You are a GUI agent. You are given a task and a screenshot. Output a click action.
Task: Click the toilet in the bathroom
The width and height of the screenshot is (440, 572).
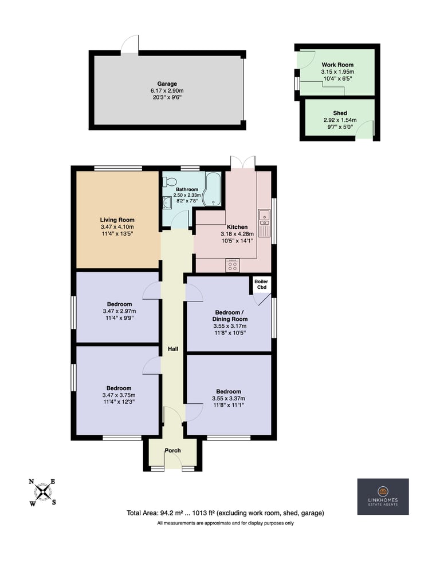coord(170,181)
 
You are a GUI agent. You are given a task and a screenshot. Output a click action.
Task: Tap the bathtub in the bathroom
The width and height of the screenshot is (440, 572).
coord(213,189)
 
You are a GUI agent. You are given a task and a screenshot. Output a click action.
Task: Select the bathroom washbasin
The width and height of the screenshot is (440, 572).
coord(167,202)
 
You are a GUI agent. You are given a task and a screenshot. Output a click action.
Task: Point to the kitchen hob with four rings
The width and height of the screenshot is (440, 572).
coord(233,265)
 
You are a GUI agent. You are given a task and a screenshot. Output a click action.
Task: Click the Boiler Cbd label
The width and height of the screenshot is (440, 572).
coord(261,284)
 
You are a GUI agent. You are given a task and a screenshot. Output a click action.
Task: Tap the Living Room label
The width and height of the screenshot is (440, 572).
coord(117,220)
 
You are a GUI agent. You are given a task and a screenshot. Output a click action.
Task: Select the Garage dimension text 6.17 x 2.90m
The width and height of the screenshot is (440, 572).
coord(167,90)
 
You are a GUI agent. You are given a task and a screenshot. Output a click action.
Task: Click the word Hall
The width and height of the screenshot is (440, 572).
coord(173,349)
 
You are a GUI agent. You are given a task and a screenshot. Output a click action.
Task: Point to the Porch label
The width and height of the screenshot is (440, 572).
coord(173,451)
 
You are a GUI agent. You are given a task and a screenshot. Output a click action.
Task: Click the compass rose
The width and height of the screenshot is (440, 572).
coord(43,492)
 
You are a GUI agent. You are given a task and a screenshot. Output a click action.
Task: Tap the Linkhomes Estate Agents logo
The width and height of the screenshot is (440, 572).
coord(383,496)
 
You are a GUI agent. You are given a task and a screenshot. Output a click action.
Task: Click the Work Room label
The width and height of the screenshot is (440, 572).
coord(337,65)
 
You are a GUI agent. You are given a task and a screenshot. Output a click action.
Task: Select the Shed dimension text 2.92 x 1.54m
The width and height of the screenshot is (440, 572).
coord(340,120)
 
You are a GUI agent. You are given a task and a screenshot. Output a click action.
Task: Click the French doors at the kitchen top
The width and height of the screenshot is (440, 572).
coord(243,162)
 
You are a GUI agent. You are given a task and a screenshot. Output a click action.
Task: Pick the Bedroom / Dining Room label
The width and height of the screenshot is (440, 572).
coord(230,316)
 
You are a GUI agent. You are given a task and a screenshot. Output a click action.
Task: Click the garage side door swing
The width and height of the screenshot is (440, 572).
coord(129,45)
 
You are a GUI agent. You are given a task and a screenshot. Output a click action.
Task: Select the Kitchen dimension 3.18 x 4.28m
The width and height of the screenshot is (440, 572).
coord(237,234)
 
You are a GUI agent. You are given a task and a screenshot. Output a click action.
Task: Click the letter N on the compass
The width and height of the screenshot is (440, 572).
coord(32,482)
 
